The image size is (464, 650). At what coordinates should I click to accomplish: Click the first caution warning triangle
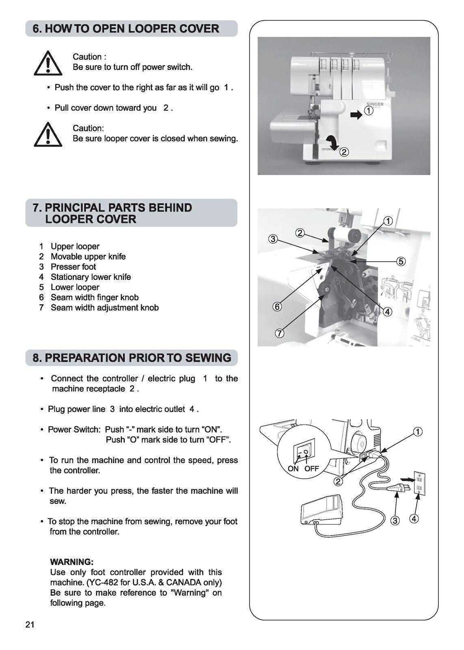pos(48,64)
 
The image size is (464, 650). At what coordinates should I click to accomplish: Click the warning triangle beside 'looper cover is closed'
pos(48,135)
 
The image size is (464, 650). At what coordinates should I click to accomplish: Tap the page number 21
pos(30,625)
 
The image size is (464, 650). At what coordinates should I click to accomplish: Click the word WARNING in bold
pos(72,562)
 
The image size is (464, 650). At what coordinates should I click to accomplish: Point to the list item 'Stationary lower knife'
pos(90,277)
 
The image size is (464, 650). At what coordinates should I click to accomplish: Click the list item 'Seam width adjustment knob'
pos(104,308)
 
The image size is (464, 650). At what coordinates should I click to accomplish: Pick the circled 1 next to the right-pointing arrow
pos(369,111)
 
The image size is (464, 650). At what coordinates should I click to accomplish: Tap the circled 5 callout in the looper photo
pos(401,261)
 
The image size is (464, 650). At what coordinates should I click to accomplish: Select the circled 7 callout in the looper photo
pos(280,334)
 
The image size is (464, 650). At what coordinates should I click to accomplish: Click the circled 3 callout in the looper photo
pos(273,239)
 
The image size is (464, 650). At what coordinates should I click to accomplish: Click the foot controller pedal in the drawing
pos(321,510)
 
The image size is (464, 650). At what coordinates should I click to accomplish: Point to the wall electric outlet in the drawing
pos(419,483)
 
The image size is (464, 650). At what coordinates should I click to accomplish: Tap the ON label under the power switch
pos(293,469)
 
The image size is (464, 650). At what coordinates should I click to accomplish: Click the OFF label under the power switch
pos(312,469)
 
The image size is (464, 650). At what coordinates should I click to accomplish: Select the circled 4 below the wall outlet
pos(415,519)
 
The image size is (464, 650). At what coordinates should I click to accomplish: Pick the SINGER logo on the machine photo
pos(375,104)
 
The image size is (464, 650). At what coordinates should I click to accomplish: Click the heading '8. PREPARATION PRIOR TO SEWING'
pos(131,358)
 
